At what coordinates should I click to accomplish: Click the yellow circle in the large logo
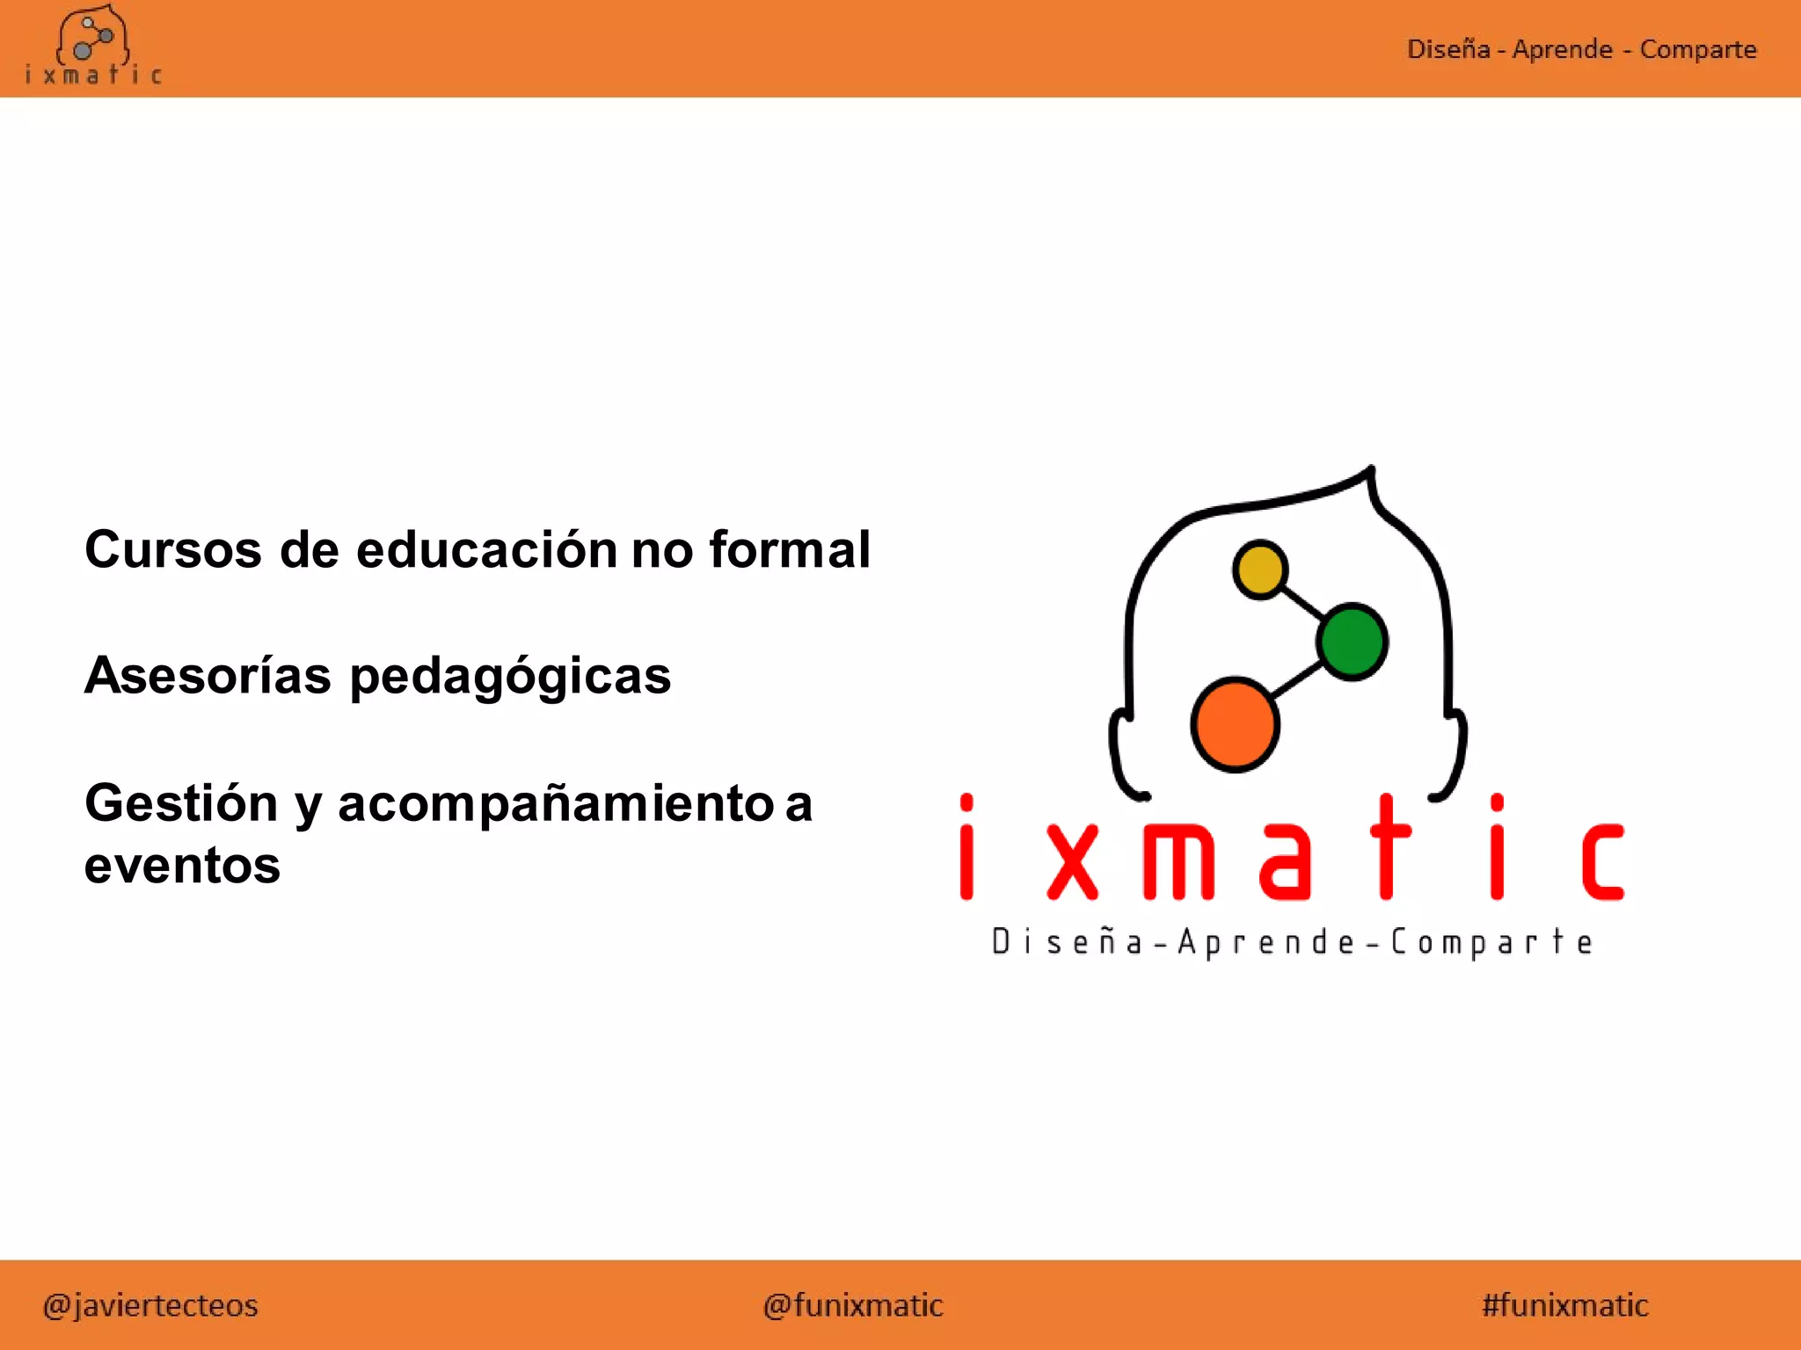[1260, 569]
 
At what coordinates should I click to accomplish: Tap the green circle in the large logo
[1353, 641]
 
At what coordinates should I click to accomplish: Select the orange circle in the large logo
[1235, 724]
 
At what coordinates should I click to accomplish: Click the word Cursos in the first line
[173, 550]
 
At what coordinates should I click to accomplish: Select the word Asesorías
[208, 676]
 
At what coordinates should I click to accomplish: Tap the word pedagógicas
[510, 678]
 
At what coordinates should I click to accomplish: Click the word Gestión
[181, 803]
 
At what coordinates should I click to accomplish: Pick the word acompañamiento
[555, 805]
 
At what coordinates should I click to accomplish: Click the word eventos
[182, 866]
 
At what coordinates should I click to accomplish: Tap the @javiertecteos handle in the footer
[150, 1305]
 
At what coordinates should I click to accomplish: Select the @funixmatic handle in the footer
[853, 1305]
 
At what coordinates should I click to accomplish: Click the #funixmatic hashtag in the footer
[1564, 1305]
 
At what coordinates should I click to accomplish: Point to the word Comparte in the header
[1697, 49]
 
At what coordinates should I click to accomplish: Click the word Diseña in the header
[1447, 49]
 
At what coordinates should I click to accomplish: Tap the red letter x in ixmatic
[1073, 862]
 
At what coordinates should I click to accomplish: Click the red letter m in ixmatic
[1178, 862]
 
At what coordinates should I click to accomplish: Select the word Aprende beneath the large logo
[1267, 942]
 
